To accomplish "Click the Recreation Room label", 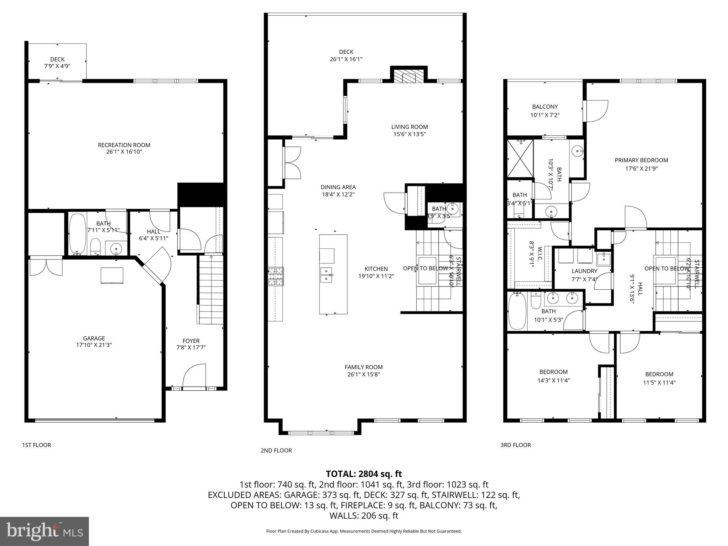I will point(124,145).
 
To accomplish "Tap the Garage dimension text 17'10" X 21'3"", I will point(94,345).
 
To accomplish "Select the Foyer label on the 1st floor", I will point(191,341).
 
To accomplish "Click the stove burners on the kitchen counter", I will point(276,277).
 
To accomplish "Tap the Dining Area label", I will point(338,187).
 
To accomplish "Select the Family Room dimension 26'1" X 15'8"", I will point(363,374).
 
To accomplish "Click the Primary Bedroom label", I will point(641,160).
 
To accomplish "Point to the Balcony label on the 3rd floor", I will point(545,107).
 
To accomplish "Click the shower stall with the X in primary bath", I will point(520,159).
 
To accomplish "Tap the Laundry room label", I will point(584,271).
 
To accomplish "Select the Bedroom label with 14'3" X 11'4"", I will point(553,372).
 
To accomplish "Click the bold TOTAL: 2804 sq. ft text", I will point(364,474).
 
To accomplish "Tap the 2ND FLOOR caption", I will point(276,450).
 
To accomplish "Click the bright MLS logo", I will point(44,531).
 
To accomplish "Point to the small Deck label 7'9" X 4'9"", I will point(57,59).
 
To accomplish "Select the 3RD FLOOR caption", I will point(515,445).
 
